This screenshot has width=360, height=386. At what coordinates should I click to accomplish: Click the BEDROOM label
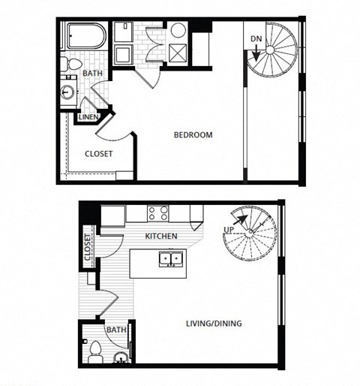[x=193, y=135]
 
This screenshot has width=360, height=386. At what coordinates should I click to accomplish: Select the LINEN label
[x=88, y=117]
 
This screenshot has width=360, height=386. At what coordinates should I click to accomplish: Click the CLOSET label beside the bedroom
[x=98, y=153]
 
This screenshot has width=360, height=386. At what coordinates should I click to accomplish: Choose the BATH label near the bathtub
[x=92, y=74]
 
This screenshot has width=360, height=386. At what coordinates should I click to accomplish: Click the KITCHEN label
[x=161, y=237]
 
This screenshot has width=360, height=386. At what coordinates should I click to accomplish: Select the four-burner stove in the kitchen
[x=157, y=213]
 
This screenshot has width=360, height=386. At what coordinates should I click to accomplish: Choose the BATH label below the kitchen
[x=116, y=330]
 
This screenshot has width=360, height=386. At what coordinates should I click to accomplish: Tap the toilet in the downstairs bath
[x=94, y=350]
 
